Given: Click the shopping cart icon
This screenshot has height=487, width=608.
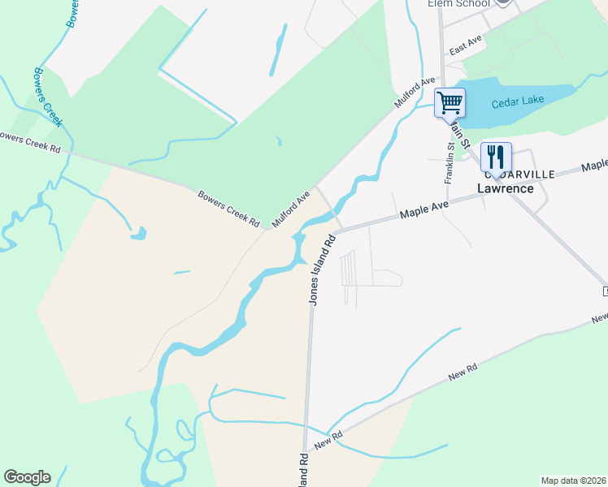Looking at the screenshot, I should click(x=449, y=104).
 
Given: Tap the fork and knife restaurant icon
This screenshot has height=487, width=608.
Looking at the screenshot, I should click(x=494, y=156).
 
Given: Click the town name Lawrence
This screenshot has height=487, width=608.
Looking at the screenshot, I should click(x=505, y=188).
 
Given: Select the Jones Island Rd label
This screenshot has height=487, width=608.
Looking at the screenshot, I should click(x=320, y=270).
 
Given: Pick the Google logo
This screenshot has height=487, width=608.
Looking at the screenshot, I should click(x=27, y=477).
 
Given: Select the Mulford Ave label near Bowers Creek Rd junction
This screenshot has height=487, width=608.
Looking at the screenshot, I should click(x=291, y=209).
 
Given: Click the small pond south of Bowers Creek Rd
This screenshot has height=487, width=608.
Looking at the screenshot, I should click(x=139, y=235).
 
